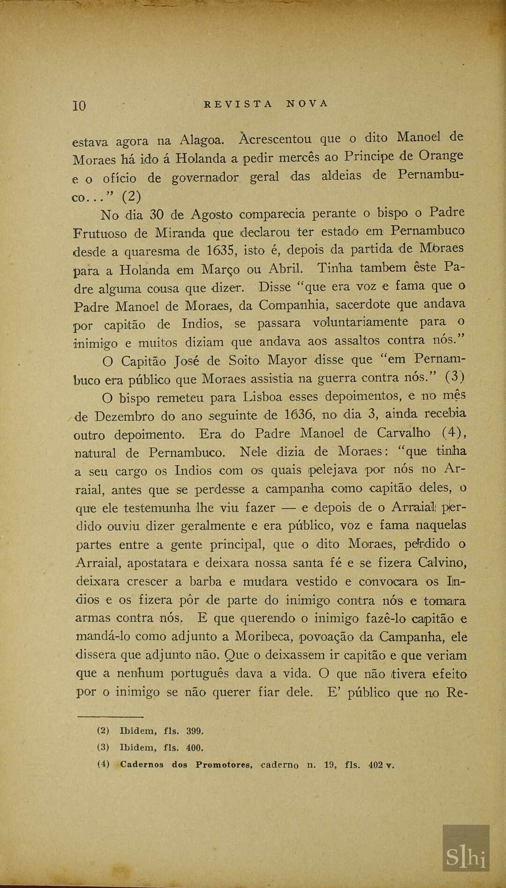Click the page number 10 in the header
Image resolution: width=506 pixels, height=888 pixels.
79,105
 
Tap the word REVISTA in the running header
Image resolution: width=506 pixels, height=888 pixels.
238,104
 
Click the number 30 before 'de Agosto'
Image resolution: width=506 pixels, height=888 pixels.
156,215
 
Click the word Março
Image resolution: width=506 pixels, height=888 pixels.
220,269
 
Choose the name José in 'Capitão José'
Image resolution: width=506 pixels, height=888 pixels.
187,361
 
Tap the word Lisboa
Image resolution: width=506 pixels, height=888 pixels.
262,397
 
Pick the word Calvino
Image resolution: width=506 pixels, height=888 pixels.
442,562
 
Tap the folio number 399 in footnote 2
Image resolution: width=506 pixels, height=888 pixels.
194,731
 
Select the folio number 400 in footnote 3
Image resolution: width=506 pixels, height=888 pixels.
194,747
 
